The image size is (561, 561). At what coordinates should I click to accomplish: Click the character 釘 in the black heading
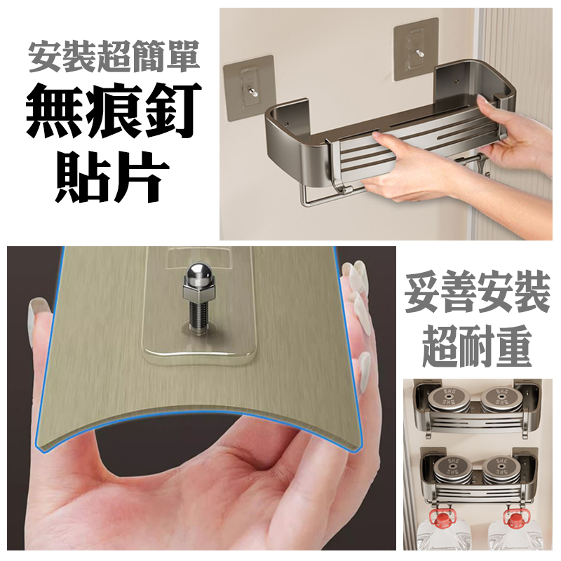(x=168, y=111)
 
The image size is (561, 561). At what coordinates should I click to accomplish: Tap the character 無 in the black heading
(x=54, y=111)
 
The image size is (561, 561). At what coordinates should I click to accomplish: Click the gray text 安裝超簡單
(x=114, y=58)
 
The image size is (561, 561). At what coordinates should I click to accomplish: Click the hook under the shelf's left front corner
(x=337, y=179)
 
